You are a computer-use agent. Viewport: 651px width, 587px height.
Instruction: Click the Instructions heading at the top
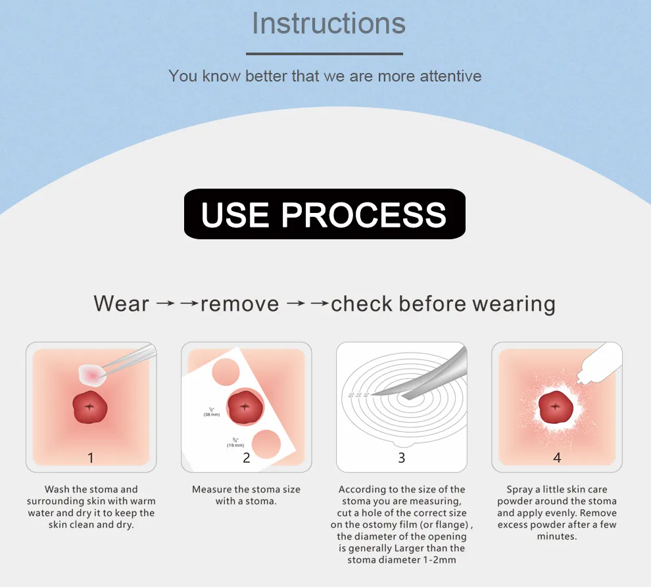[x=328, y=24]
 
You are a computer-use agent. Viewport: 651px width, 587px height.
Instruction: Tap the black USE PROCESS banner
[x=324, y=214]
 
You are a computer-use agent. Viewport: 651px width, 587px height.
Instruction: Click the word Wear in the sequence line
[x=121, y=304]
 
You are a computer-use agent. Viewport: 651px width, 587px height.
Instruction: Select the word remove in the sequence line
[x=239, y=304]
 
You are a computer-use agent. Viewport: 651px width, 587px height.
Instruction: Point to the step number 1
[x=91, y=458]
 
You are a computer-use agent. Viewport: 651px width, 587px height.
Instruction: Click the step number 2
[x=247, y=458]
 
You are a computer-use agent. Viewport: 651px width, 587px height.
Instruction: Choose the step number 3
[x=402, y=458]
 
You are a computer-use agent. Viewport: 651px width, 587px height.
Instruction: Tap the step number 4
[x=557, y=458]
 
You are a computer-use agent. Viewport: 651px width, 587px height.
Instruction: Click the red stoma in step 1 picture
[x=91, y=408]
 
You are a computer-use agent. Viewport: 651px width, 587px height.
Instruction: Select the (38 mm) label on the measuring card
[x=211, y=415]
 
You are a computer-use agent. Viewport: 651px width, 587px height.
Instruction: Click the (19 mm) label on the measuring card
[x=235, y=445]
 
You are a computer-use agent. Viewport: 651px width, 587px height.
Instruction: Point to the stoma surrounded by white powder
[x=556, y=408]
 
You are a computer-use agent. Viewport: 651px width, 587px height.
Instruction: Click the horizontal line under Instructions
[x=324, y=54]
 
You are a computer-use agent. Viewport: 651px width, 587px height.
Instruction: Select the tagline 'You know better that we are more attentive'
[x=325, y=76]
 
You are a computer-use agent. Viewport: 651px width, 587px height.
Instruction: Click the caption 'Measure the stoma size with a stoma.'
[x=246, y=495]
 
